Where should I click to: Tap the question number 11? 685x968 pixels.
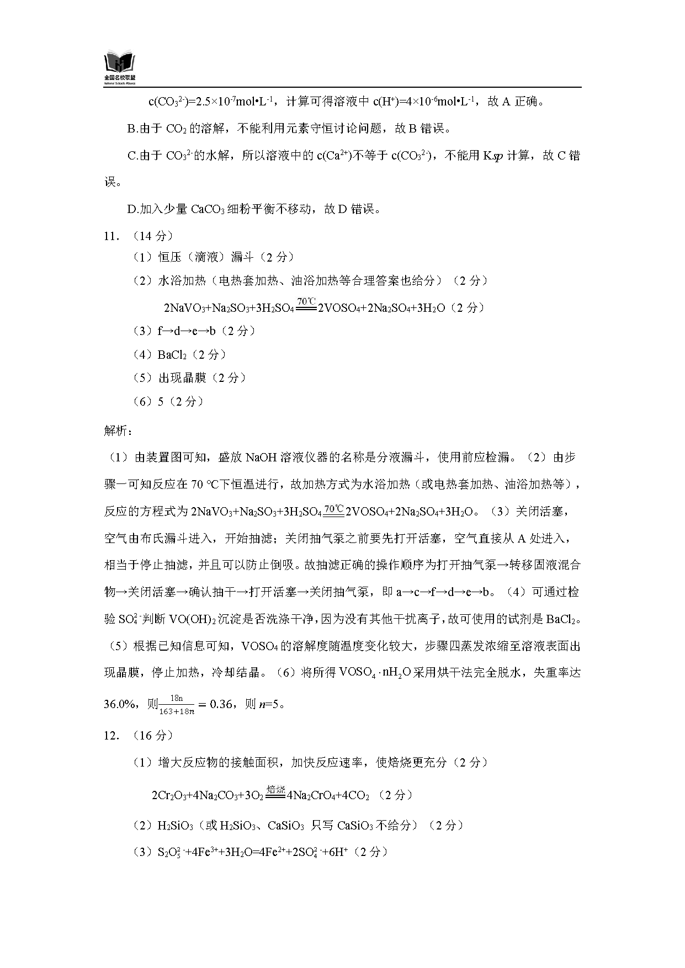111,236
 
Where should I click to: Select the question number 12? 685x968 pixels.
111,736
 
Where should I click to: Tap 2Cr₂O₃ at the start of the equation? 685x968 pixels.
168,795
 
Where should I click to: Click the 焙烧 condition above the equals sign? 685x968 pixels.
275,789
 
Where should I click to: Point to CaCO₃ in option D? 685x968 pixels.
208,210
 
